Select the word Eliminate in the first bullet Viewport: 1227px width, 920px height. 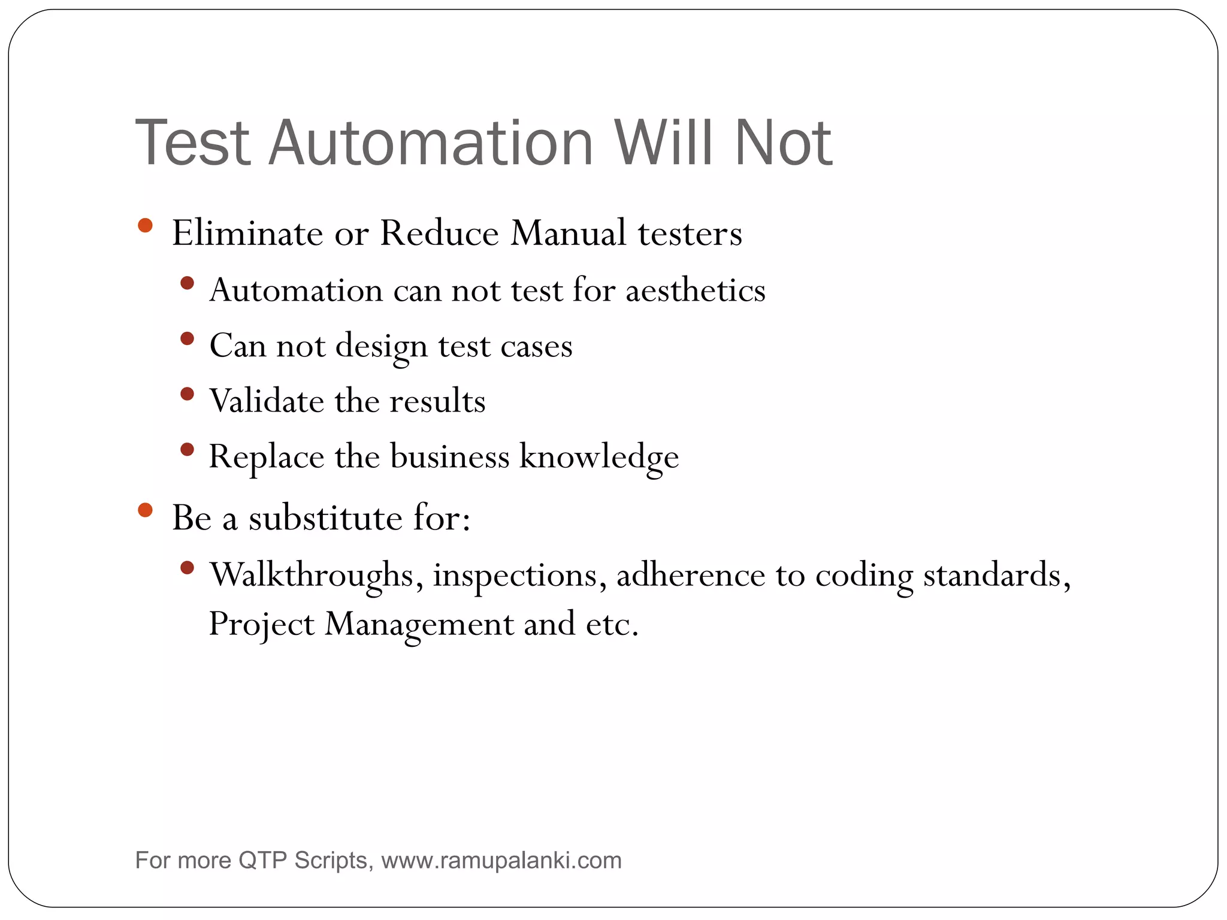(247, 233)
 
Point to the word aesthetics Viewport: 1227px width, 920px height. (696, 290)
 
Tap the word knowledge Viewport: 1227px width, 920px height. (599, 457)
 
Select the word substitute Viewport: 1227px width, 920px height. (325, 517)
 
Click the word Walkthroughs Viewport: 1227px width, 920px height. (312, 575)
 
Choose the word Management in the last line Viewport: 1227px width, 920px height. (419, 624)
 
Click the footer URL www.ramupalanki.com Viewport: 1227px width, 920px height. (501, 861)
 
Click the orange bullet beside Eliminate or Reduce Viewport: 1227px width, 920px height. (145, 226)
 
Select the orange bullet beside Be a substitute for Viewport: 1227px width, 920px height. (145, 510)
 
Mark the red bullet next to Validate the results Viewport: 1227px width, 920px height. (187, 394)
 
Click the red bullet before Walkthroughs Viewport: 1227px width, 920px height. (187, 567)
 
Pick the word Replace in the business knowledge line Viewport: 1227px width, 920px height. (266, 457)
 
